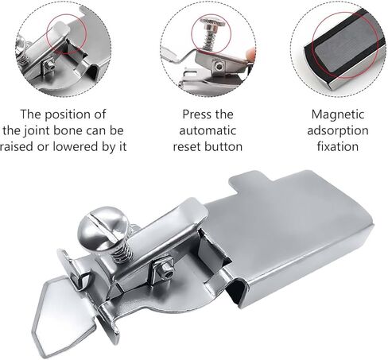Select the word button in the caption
pyautogui.click(x=223, y=146)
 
